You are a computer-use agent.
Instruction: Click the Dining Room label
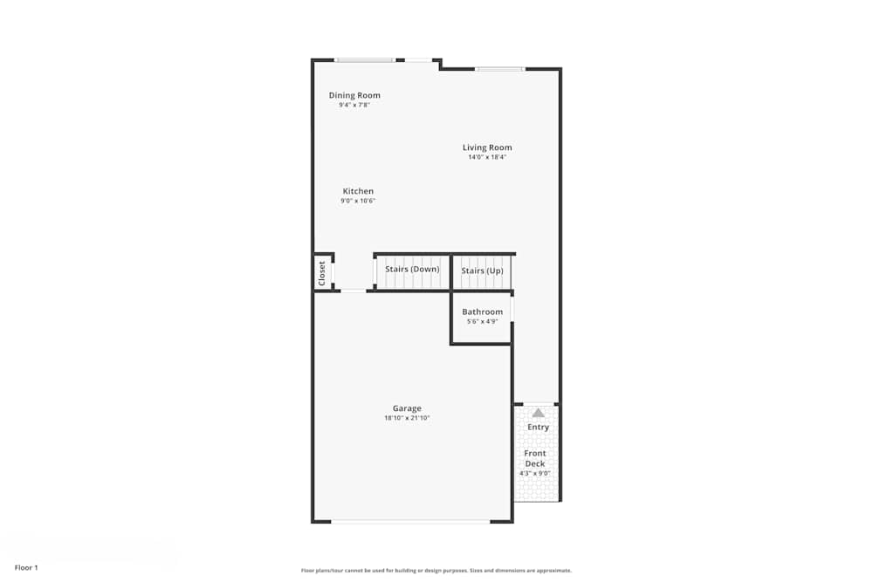(x=354, y=95)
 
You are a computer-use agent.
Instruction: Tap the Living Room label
(x=487, y=147)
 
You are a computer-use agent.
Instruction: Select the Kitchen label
(x=358, y=191)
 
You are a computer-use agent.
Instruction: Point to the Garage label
(x=407, y=408)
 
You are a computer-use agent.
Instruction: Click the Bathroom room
(x=482, y=317)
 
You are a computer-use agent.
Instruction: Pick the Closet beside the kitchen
(x=322, y=273)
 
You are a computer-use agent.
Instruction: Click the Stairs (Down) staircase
(x=412, y=270)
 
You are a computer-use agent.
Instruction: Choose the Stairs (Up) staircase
(x=482, y=270)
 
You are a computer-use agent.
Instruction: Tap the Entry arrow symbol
(x=539, y=413)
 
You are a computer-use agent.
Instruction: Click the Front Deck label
(x=535, y=458)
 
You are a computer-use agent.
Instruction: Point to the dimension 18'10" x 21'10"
(x=407, y=419)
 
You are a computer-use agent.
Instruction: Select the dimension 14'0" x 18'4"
(x=487, y=158)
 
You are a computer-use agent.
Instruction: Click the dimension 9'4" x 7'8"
(x=354, y=106)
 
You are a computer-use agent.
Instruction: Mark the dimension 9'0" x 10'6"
(x=358, y=202)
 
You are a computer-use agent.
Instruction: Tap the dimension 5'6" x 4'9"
(x=482, y=322)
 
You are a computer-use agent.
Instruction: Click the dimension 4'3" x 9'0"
(x=535, y=474)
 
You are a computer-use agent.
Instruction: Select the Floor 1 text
(x=26, y=567)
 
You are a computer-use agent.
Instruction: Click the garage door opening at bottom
(x=410, y=522)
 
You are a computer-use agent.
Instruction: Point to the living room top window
(x=499, y=68)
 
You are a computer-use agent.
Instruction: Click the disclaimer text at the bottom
(x=436, y=570)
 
